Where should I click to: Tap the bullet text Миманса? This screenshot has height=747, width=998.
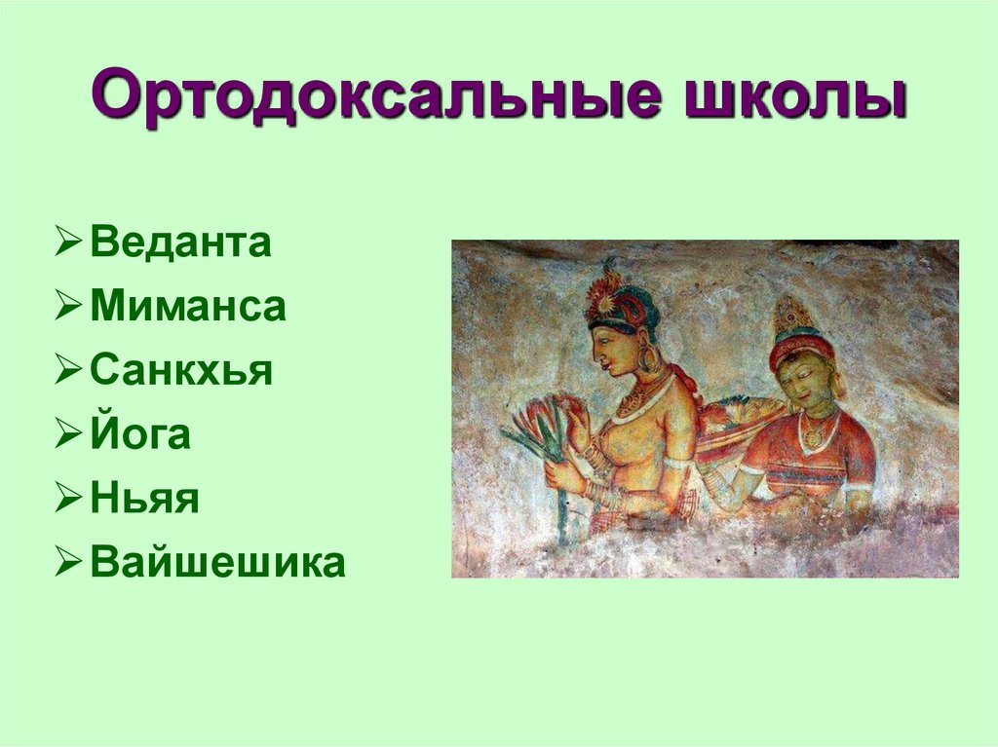(188, 308)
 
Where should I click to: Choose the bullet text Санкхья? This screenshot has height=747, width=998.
(181, 372)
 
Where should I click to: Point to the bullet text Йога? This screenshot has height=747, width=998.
(140, 435)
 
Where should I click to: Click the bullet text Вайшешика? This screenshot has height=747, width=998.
(217, 563)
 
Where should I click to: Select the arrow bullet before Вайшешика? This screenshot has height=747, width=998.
(69, 564)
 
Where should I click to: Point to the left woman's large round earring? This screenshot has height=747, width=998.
(648, 359)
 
